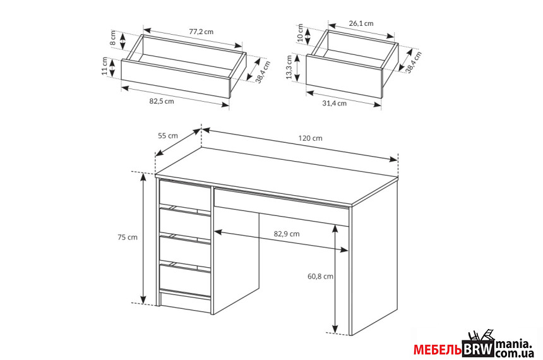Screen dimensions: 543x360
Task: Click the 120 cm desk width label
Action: point(310,138)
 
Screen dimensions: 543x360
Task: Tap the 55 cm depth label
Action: point(168,136)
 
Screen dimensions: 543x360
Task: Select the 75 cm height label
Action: point(128,237)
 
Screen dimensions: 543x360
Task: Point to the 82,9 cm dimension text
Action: point(287,234)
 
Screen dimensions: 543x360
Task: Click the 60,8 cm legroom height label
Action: point(320,277)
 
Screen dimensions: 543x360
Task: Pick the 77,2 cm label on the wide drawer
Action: point(201,32)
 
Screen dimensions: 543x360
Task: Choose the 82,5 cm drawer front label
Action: point(162,102)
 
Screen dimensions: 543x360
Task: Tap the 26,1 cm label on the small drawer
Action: point(361,23)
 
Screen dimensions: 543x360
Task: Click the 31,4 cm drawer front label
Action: point(334,104)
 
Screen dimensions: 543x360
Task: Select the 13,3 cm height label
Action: point(290,67)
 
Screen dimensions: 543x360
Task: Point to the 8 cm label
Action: point(113,38)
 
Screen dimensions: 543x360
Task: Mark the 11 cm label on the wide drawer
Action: point(105,66)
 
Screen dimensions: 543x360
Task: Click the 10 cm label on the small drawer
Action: point(301,33)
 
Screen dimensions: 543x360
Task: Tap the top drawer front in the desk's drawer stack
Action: point(185,195)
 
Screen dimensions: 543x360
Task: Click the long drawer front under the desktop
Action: point(282,207)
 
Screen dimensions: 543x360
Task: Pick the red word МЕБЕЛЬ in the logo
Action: point(438,350)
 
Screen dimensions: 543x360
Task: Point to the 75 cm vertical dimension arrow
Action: point(144,238)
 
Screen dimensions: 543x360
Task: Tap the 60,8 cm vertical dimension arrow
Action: point(335,279)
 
